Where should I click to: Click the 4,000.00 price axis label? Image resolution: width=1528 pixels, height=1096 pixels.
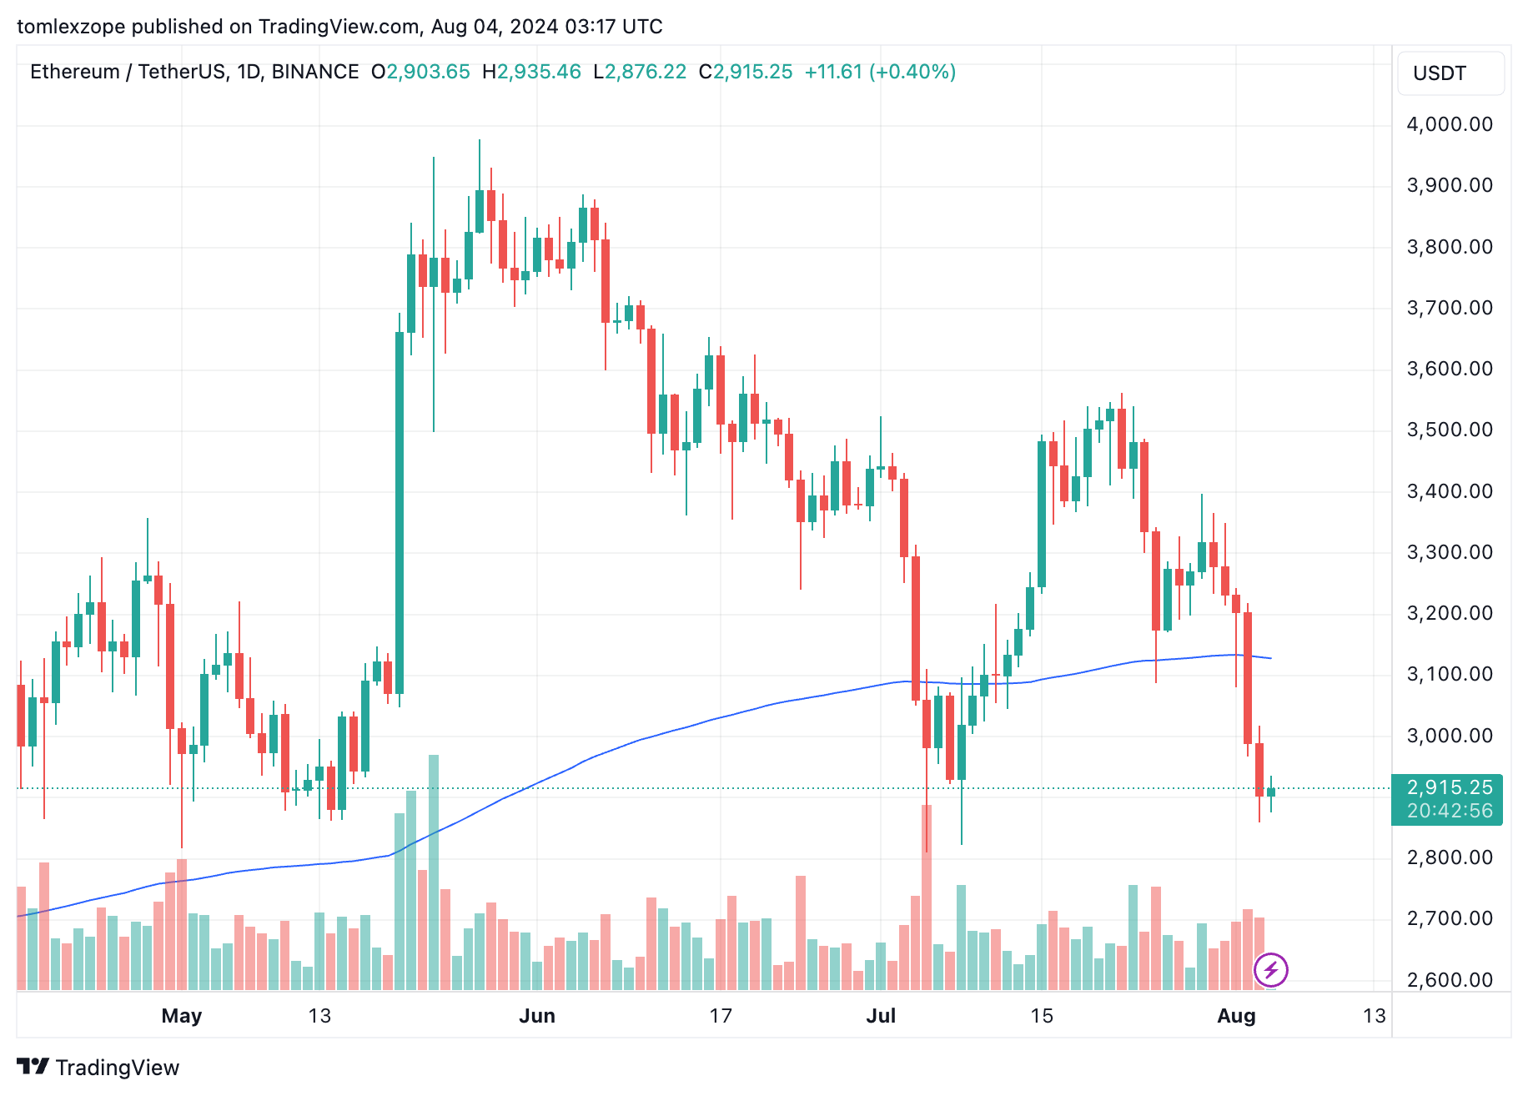click(x=1449, y=124)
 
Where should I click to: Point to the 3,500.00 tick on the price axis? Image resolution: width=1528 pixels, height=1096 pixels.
click(x=1449, y=430)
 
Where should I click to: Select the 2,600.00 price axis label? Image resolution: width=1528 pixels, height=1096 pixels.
click(x=1449, y=980)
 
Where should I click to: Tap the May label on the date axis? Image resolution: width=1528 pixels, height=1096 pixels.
click(x=182, y=1016)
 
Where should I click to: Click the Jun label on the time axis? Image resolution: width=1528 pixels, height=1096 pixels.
click(x=537, y=1016)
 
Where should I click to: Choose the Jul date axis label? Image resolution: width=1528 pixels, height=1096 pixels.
click(x=881, y=1016)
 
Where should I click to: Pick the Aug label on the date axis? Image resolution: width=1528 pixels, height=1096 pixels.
click(x=1236, y=1016)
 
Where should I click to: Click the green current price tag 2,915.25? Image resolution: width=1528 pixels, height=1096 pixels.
click(x=1449, y=788)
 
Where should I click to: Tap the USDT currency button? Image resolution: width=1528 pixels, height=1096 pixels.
click(x=1449, y=73)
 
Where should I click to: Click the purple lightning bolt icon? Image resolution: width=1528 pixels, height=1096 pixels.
click(x=1271, y=970)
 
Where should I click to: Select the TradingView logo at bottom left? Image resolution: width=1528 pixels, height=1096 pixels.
click(x=98, y=1068)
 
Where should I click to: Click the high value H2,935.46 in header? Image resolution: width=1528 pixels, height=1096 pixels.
click(x=531, y=72)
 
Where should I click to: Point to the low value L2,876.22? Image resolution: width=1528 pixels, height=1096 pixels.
click(x=640, y=72)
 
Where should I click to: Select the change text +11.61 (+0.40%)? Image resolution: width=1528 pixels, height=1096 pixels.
click(x=880, y=72)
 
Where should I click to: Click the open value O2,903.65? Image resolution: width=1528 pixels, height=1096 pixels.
click(x=421, y=72)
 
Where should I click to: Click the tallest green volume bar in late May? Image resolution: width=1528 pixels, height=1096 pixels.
click(x=434, y=872)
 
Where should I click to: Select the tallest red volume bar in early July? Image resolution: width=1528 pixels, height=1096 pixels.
click(x=927, y=897)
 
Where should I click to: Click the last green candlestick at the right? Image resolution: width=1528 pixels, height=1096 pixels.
click(x=1271, y=792)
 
